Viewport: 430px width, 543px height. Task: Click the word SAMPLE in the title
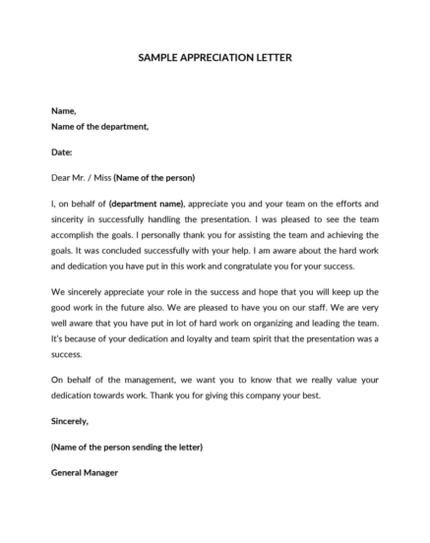[x=161, y=58]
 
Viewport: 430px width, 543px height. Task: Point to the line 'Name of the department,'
[x=99, y=127]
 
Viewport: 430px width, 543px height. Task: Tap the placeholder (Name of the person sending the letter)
[x=126, y=447]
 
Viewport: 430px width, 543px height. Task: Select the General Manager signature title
[x=84, y=473]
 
